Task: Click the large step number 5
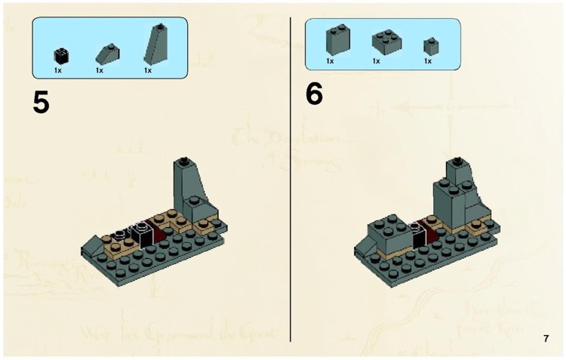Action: [42, 101]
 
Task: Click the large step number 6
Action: [315, 96]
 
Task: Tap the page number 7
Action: [546, 339]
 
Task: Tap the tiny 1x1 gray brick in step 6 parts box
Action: [429, 45]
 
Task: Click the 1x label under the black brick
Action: [58, 70]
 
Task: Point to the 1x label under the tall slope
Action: [148, 70]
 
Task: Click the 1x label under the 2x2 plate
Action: [375, 60]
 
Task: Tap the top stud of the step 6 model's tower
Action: [457, 161]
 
